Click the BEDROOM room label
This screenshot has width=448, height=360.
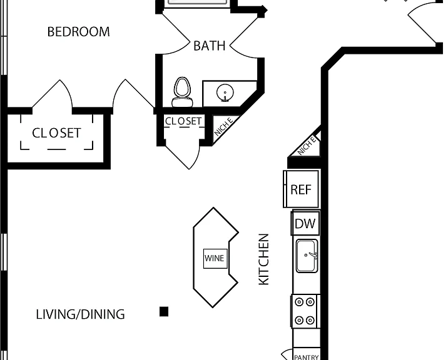coord(79,32)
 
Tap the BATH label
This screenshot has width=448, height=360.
coord(210,46)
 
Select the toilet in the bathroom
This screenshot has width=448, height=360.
coord(182,92)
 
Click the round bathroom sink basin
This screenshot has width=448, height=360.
coord(225,92)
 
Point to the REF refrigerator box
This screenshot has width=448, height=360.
coord(301,189)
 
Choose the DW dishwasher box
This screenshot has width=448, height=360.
coord(305,223)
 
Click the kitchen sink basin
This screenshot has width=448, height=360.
coord(307,256)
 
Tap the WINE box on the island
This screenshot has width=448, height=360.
coord(215,258)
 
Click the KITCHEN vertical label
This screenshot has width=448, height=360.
coord(263,259)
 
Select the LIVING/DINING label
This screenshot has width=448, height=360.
coord(80,314)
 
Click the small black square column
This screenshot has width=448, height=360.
coord(164,312)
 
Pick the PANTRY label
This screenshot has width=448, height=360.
coord(307,357)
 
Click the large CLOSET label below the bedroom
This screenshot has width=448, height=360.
coord(56,133)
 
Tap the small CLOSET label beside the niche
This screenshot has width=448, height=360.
coord(183,121)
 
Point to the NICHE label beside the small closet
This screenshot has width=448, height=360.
coord(223,127)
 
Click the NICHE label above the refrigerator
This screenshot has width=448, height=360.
coord(307,146)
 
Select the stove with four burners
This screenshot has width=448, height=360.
coord(304,311)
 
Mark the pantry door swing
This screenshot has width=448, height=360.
coord(287,355)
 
